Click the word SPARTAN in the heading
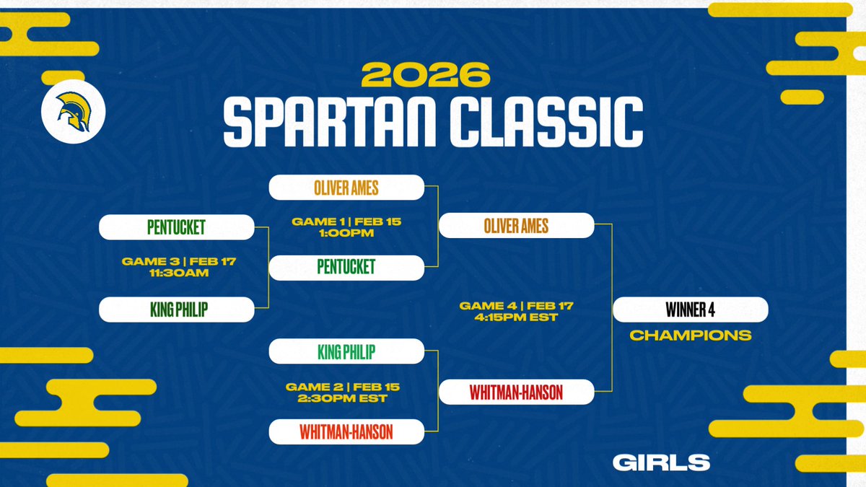tap(326, 120)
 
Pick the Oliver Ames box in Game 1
tap(346, 188)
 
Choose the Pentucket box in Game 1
tap(346, 268)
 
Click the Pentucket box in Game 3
tap(176, 228)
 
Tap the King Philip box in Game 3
tap(176, 310)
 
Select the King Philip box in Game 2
tap(346, 352)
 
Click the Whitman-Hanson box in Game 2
tap(346, 432)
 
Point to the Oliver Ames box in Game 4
tap(516, 227)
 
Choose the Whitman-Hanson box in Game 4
tap(516, 392)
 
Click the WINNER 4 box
tap(690, 310)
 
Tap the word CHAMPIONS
tap(690, 335)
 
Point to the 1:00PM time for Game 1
tap(346, 232)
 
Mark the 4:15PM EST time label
tap(517, 317)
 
